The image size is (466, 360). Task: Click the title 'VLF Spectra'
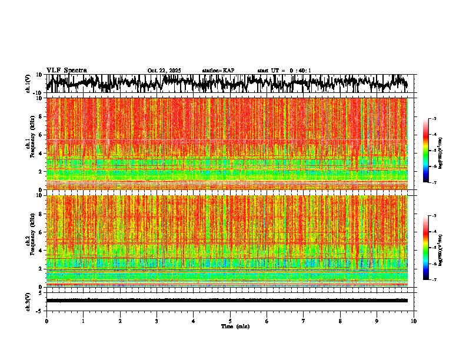tap(66, 70)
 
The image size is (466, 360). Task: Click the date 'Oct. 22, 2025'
tap(164, 71)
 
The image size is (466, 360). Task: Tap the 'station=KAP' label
tap(218, 71)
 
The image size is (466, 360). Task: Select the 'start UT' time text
tap(284, 71)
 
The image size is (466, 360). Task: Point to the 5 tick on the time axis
tap(230, 321)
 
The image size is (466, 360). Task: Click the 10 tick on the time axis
tap(414, 321)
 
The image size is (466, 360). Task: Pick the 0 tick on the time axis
tap(46, 321)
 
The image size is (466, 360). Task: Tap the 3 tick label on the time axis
tap(157, 321)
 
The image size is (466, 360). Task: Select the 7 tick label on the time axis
tap(304, 321)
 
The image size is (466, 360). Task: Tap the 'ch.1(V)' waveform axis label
tap(28, 84)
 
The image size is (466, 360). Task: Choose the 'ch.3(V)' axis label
tap(28, 300)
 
